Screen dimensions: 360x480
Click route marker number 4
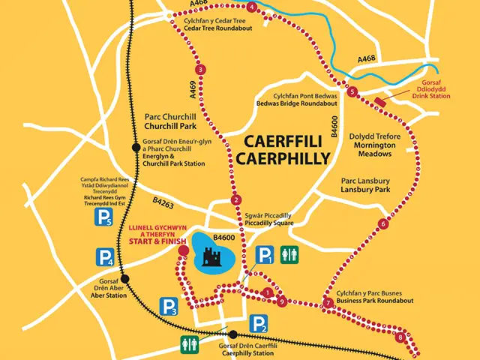point(251,7)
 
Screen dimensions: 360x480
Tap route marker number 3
point(200,70)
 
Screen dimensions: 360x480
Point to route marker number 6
point(384,223)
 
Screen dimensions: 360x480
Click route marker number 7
point(328,303)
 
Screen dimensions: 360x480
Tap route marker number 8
point(400,337)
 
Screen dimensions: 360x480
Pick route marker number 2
point(236,199)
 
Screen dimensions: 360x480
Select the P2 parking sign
point(258,324)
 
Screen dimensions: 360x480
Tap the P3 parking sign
point(169,306)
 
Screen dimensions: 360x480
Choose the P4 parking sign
point(105,259)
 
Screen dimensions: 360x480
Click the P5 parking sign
point(103,218)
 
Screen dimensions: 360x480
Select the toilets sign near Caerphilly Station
point(190,343)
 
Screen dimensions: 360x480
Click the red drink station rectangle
point(381,101)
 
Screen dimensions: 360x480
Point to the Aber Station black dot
point(125,279)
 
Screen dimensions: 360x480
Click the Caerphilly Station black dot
point(233,334)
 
